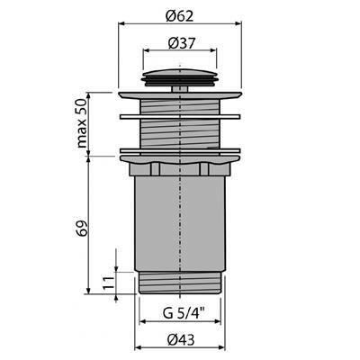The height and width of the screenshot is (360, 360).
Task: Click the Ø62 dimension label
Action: (180, 16)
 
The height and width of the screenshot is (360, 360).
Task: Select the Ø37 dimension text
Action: (182, 43)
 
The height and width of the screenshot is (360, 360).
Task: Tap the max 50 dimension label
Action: (81, 123)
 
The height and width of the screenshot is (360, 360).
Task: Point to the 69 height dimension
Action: (81, 229)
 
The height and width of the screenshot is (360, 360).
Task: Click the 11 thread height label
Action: (109, 283)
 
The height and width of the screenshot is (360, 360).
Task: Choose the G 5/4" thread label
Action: (184, 314)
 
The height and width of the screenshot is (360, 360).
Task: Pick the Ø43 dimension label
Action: (181, 339)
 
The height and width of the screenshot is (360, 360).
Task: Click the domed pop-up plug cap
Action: (180, 77)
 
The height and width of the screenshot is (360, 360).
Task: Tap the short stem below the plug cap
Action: (180, 89)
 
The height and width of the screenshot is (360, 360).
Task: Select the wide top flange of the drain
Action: (180, 95)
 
